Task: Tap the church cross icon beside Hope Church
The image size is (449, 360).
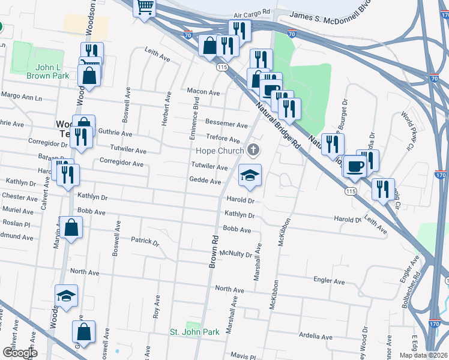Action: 254,150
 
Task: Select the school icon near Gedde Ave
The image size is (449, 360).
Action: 250,175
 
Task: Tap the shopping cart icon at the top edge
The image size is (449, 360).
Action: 145,7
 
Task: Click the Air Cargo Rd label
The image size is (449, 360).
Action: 252,12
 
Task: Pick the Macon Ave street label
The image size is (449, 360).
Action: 203,92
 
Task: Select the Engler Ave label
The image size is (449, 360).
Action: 330,281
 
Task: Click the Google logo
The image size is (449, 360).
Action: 20,353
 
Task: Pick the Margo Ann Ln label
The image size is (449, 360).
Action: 22,97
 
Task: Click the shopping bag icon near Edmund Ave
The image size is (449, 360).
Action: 71,228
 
